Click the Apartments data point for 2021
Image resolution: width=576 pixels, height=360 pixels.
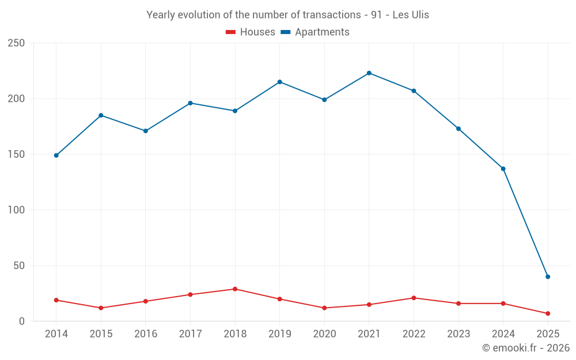click(x=369, y=73)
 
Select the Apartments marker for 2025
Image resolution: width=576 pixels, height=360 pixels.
click(x=548, y=276)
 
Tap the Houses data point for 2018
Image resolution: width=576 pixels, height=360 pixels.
click(x=235, y=289)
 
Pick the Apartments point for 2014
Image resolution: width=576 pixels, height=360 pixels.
click(x=56, y=156)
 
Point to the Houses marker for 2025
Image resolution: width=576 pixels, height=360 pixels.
click(x=548, y=313)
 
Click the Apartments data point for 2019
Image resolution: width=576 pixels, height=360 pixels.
click(x=280, y=82)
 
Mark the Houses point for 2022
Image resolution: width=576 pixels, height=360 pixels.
click(x=414, y=298)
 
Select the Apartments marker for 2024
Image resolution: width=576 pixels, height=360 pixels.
click(x=503, y=169)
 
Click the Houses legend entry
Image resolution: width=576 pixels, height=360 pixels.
click(x=251, y=32)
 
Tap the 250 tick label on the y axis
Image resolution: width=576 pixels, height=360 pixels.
click(x=16, y=43)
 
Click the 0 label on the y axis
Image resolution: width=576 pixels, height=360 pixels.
click(x=22, y=321)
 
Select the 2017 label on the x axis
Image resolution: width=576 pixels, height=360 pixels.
click(x=190, y=334)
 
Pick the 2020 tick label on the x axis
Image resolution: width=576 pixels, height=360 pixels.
click(x=324, y=334)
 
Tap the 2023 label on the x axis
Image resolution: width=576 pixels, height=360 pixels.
click(x=458, y=334)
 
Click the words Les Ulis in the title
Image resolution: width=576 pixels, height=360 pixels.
click(x=411, y=15)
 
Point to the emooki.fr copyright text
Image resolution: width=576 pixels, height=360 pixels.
click(x=526, y=348)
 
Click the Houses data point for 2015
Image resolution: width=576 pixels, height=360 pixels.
click(x=101, y=308)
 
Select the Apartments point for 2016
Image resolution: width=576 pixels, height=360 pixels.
click(x=146, y=131)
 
